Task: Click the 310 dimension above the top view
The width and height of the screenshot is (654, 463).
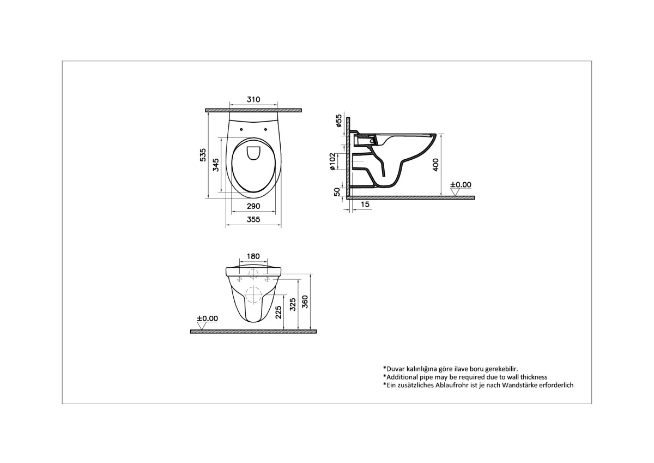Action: tap(253, 100)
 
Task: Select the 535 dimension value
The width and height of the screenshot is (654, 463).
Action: tap(203, 155)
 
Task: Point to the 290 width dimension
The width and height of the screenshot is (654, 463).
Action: tap(253, 206)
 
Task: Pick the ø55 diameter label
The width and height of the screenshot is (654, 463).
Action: tap(338, 121)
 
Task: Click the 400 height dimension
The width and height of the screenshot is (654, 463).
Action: tap(435, 164)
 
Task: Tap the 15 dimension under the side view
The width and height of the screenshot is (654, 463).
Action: tap(365, 204)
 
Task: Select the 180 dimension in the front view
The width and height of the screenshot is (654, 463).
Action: tap(253, 256)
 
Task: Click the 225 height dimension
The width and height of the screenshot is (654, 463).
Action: tap(278, 312)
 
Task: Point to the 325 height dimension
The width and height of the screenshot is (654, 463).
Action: tap(293, 305)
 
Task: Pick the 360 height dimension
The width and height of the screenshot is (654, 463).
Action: tap(306, 301)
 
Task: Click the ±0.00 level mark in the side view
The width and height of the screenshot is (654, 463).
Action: tap(461, 185)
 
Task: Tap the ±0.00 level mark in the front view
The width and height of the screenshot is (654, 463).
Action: tap(207, 318)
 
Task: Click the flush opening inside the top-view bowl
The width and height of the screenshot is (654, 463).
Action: tap(253, 153)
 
